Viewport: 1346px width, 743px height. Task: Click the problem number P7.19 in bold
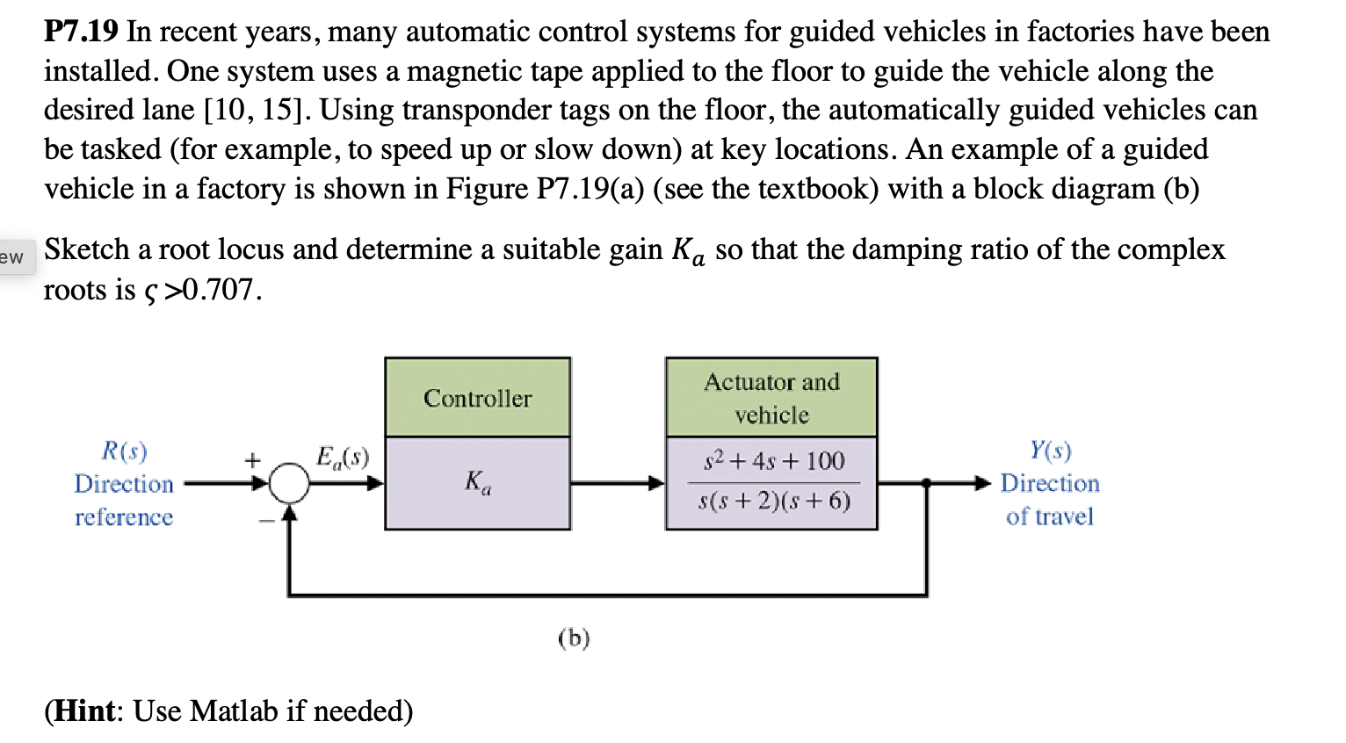click(x=81, y=32)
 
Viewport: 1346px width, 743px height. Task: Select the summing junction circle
click(x=289, y=483)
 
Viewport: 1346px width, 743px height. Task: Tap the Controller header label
click(x=477, y=399)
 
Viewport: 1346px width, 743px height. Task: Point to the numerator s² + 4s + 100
click(x=773, y=461)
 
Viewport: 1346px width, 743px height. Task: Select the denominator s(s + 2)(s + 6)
click(x=773, y=501)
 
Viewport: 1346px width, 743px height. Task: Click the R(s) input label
click(x=124, y=451)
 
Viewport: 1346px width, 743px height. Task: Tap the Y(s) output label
click(x=1050, y=451)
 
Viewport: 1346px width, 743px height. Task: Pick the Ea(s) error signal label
click(x=342, y=458)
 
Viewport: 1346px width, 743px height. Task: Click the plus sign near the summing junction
click(x=252, y=459)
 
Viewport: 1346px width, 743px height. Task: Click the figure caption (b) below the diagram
click(x=574, y=638)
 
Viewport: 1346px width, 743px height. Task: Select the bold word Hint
click(x=84, y=711)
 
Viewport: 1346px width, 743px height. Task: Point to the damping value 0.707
click(x=219, y=290)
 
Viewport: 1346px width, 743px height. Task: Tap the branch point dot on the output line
click(x=926, y=482)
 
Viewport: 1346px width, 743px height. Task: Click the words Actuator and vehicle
click(x=771, y=399)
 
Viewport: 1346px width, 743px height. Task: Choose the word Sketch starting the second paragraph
click(x=87, y=250)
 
